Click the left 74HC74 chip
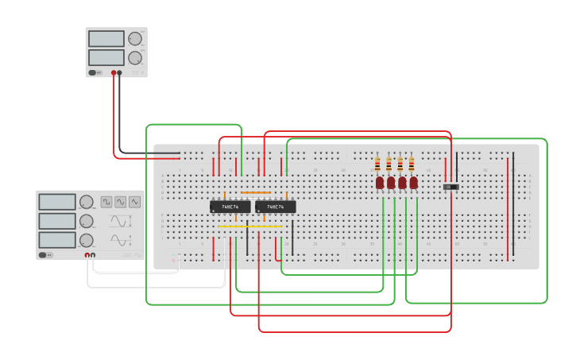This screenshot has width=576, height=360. point(230,207)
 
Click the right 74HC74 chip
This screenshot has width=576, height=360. point(275,207)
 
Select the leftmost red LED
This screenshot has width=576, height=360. point(380,183)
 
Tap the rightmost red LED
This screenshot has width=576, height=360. point(413,183)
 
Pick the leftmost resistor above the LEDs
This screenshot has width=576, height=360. point(377,165)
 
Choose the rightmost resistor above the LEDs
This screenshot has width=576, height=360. point(411,165)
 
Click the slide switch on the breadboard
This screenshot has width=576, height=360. point(451,187)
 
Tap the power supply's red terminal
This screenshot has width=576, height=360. point(114,72)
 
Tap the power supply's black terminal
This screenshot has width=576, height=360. point(120,72)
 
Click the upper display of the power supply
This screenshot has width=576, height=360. point(106,39)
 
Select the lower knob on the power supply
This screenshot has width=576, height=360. point(135,57)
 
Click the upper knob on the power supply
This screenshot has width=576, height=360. point(135,38)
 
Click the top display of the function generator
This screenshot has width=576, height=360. point(56,202)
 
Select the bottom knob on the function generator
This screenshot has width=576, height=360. point(86,239)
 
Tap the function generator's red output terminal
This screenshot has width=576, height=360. point(87,255)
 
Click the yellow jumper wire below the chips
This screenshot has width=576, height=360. point(249,226)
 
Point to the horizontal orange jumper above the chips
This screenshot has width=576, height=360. point(256,192)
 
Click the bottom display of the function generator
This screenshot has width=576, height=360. point(56,238)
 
